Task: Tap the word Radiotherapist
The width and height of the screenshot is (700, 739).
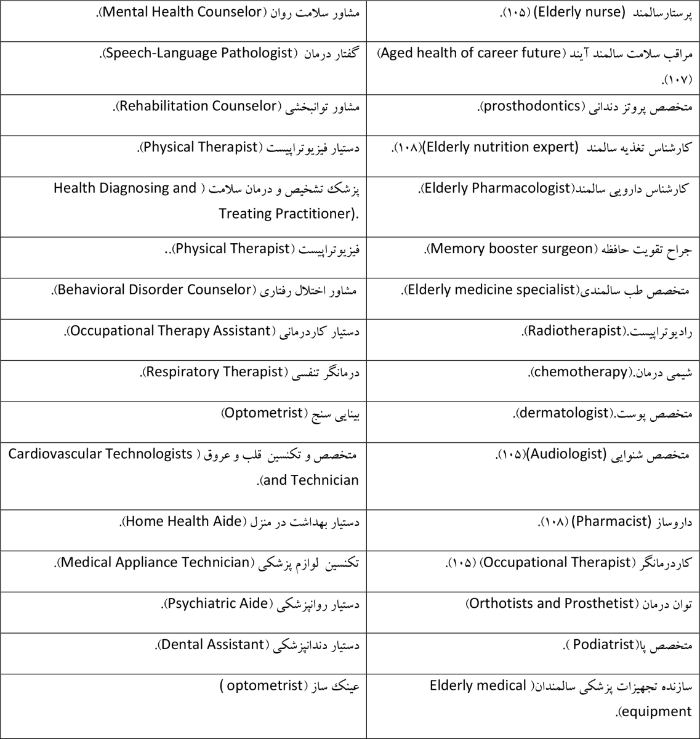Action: pyautogui.click(x=573, y=331)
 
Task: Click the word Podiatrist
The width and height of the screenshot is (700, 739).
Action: pyautogui.click(x=601, y=645)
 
